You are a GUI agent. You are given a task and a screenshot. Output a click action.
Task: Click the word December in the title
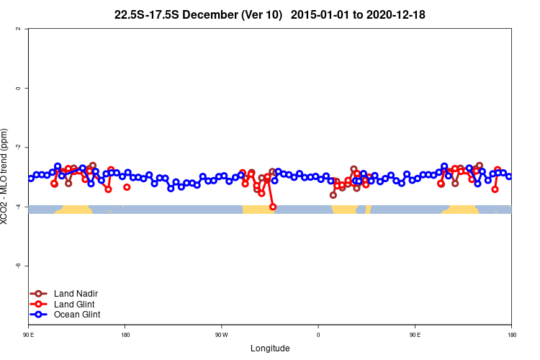pos(210,14)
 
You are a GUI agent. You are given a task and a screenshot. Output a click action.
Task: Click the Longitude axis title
pos(270,348)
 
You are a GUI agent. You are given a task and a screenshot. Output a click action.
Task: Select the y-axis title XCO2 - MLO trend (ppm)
pos(5,177)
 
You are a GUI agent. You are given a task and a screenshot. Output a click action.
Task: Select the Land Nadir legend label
pos(76,294)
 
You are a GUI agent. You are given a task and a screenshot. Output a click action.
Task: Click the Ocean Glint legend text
pos(77,315)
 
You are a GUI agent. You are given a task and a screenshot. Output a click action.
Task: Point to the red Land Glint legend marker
pos(39,304)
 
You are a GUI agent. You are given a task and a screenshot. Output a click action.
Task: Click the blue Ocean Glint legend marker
pos(39,315)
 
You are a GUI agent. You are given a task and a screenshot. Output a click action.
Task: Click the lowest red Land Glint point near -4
pos(273,207)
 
